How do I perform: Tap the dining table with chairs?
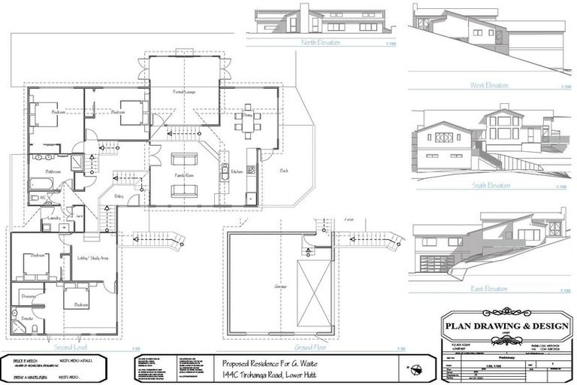click(246, 122)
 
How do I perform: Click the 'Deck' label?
click(284, 170)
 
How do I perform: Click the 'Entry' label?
click(119, 197)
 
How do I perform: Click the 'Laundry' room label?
click(54, 218)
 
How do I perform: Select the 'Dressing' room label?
click(29, 296)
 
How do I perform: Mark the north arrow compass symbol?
click(415, 368)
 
